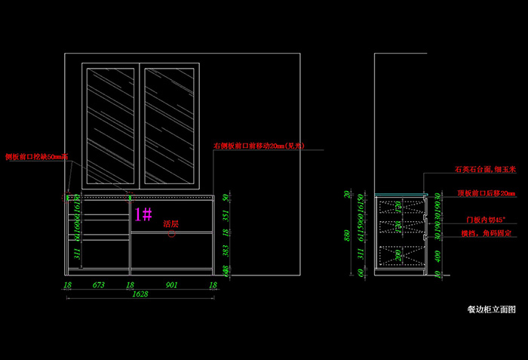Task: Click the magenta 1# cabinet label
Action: click(x=143, y=214)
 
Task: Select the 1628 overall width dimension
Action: click(x=140, y=295)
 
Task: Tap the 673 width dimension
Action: click(x=98, y=285)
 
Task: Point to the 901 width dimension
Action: click(x=172, y=285)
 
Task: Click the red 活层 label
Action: click(x=170, y=224)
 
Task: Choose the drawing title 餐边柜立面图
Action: click(x=491, y=309)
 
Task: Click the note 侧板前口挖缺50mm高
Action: click(x=36, y=157)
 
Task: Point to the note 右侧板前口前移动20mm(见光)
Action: click(x=258, y=146)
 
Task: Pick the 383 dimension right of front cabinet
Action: click(x=226, y=248)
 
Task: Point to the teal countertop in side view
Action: click(x=401, y=195)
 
